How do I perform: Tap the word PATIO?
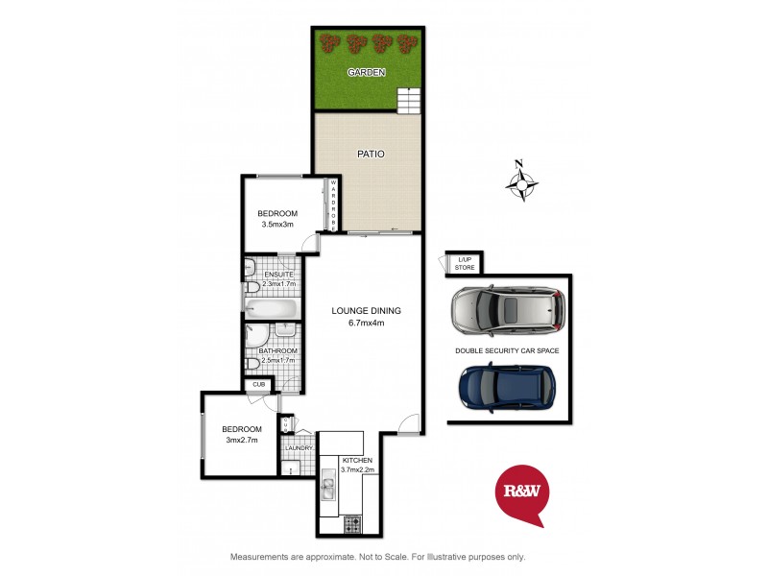(x=371, y=154)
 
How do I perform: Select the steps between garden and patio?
(x=409, y=99)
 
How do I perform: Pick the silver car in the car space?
(x=507, y=310)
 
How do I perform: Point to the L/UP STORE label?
(x=466, y=262)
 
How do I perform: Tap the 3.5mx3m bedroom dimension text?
(x=276, y=225)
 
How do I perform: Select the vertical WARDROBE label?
(x=332, y=204)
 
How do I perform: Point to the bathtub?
(x=273, y=308)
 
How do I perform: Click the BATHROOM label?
(x=277, y=351)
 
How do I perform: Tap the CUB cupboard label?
(x=258, y=386)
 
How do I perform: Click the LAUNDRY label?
(x=298, y=448)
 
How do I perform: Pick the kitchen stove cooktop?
(x=351, y=524)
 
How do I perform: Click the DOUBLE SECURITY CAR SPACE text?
(x=507, y=351)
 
